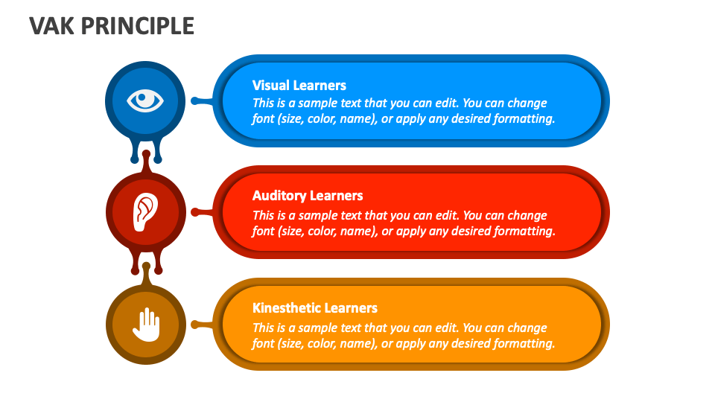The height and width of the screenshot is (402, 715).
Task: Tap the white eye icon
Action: tap(145, 100)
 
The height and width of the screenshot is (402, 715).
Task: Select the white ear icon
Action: tap(145, 212)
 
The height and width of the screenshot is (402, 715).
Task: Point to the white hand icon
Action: tap(147, 325)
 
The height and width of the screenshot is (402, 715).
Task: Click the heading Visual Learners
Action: tap(299, 85)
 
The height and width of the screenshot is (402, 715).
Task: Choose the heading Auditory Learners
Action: tap(308, 196)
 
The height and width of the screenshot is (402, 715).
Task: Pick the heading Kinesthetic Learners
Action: tap(314, 307)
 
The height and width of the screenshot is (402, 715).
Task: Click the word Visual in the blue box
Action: tap(271, 85)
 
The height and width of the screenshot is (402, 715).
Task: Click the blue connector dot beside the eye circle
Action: tap(194, 100)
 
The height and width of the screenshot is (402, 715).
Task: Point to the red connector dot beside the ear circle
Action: tap(195, 212)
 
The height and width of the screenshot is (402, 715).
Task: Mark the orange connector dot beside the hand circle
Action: tap(195, 325)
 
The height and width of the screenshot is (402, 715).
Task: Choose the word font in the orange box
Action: tap(263, 343)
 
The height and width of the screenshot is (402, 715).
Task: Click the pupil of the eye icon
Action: tap(146, 100)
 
